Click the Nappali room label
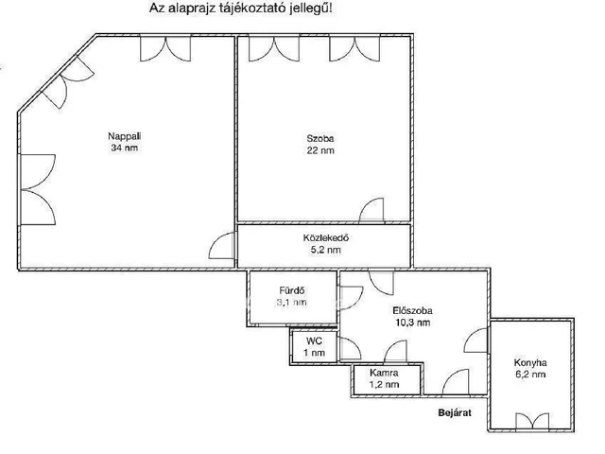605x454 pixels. (124, 136)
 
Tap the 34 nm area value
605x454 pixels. (124, 148)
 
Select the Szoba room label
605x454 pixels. (320, 139)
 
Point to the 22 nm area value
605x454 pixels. (320, 150)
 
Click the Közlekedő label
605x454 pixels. (326, 237)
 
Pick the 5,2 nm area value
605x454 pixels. (326, 250)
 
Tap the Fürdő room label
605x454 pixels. (292, 290)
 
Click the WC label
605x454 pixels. (314, 341)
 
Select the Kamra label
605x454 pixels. (384, 373)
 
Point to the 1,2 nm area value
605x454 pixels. (384, 385)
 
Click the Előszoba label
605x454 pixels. (412, 311)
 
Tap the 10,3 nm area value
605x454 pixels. (412, 323)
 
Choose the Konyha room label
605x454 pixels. (530, 363)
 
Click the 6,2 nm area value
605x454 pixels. (530, 375)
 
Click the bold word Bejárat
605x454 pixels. (455, 412)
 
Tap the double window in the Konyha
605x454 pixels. (532, 421)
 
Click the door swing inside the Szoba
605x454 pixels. (372, 210)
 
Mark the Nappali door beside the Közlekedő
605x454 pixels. (222, 246)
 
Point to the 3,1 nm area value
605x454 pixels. (292, 303)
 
